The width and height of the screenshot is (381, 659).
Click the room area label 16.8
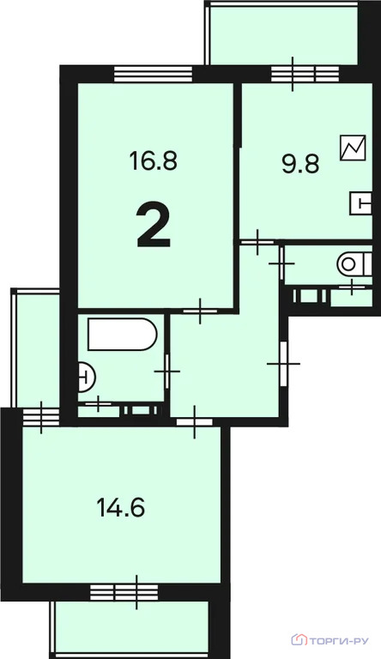click(x=153, y=160)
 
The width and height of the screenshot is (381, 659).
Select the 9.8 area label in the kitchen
click(x=300, y=163)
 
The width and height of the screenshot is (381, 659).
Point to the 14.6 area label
click(x=120, y=507)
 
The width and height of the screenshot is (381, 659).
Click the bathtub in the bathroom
click(x=122, y=335)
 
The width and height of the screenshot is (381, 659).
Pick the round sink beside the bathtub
click(x=86, y=375)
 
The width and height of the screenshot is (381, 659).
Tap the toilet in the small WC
click(x=349, y=263)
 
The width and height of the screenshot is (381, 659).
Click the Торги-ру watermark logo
click(x=336, y=640)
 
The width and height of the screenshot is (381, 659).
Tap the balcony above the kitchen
click(x=281, y=33)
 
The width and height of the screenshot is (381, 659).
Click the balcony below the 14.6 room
click(x=131, y=627)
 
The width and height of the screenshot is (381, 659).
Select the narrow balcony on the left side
click(x=35, y=348)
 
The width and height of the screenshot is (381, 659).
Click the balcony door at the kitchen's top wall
click(x=293, y=74)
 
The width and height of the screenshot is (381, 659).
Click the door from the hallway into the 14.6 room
click(x=196, y=420)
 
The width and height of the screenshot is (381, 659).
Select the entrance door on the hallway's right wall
click(x=283, y=365)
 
